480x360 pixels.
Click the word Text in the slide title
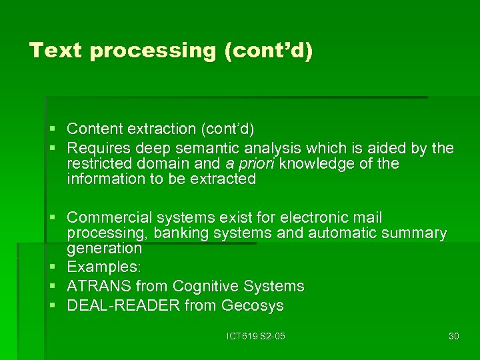click(55, 51)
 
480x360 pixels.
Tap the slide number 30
click(454, 336)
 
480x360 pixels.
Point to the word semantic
click(211, 148)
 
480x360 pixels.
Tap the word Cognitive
click(204, 287)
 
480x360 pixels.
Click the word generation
click(104, 249)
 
